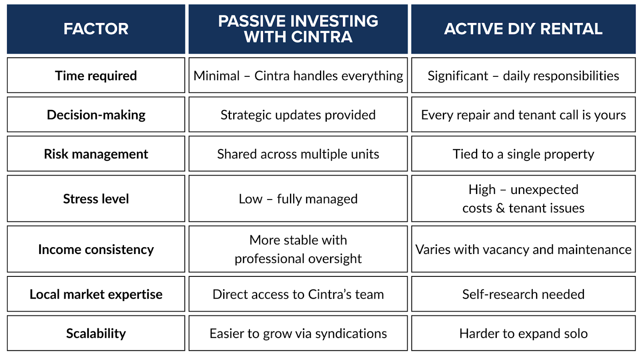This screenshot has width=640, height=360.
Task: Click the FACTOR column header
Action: [96, 29]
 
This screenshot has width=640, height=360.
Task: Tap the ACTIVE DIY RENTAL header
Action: [523, 29]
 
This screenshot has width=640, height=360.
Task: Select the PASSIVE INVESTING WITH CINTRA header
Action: [298, 29]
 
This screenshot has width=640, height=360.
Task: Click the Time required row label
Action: [96, 76]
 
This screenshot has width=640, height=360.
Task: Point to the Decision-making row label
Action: [96, 114]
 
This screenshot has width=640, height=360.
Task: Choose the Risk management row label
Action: [96, 154]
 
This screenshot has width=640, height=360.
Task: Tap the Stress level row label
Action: [96, 198]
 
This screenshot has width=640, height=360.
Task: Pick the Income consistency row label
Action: [96, 249]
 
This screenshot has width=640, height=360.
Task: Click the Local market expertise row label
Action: [96, 294]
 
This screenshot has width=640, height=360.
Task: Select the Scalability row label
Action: [96, 333]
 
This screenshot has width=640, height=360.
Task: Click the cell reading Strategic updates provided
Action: [298, 114]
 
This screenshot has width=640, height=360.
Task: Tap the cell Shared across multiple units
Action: [298, 154]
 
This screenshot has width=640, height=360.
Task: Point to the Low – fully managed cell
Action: [298, 198]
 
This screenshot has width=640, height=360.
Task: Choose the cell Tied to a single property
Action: [523, 154]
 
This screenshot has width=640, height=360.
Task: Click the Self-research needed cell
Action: [523, 294]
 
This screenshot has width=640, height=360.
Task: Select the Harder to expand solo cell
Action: [523, 333]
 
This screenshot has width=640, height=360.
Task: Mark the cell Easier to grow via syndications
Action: [298, 333]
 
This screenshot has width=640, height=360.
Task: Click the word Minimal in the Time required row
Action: [216, 76]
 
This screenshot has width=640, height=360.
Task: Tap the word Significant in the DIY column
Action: [458, 76]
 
